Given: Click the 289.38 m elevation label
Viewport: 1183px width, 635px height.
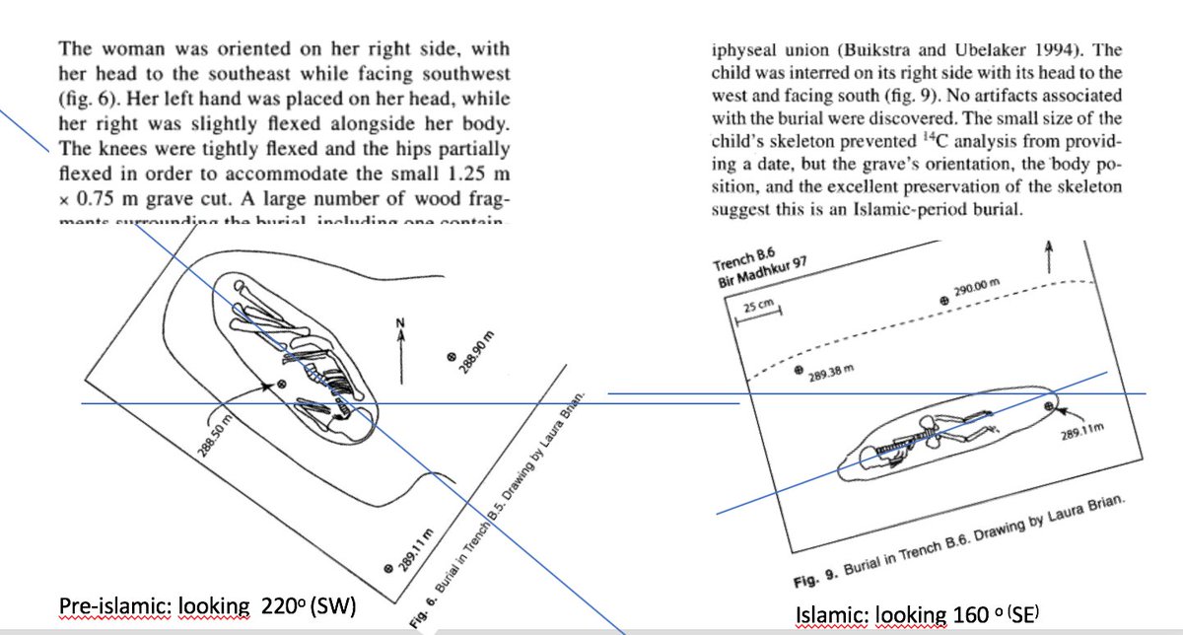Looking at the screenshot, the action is tap(828, 375).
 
